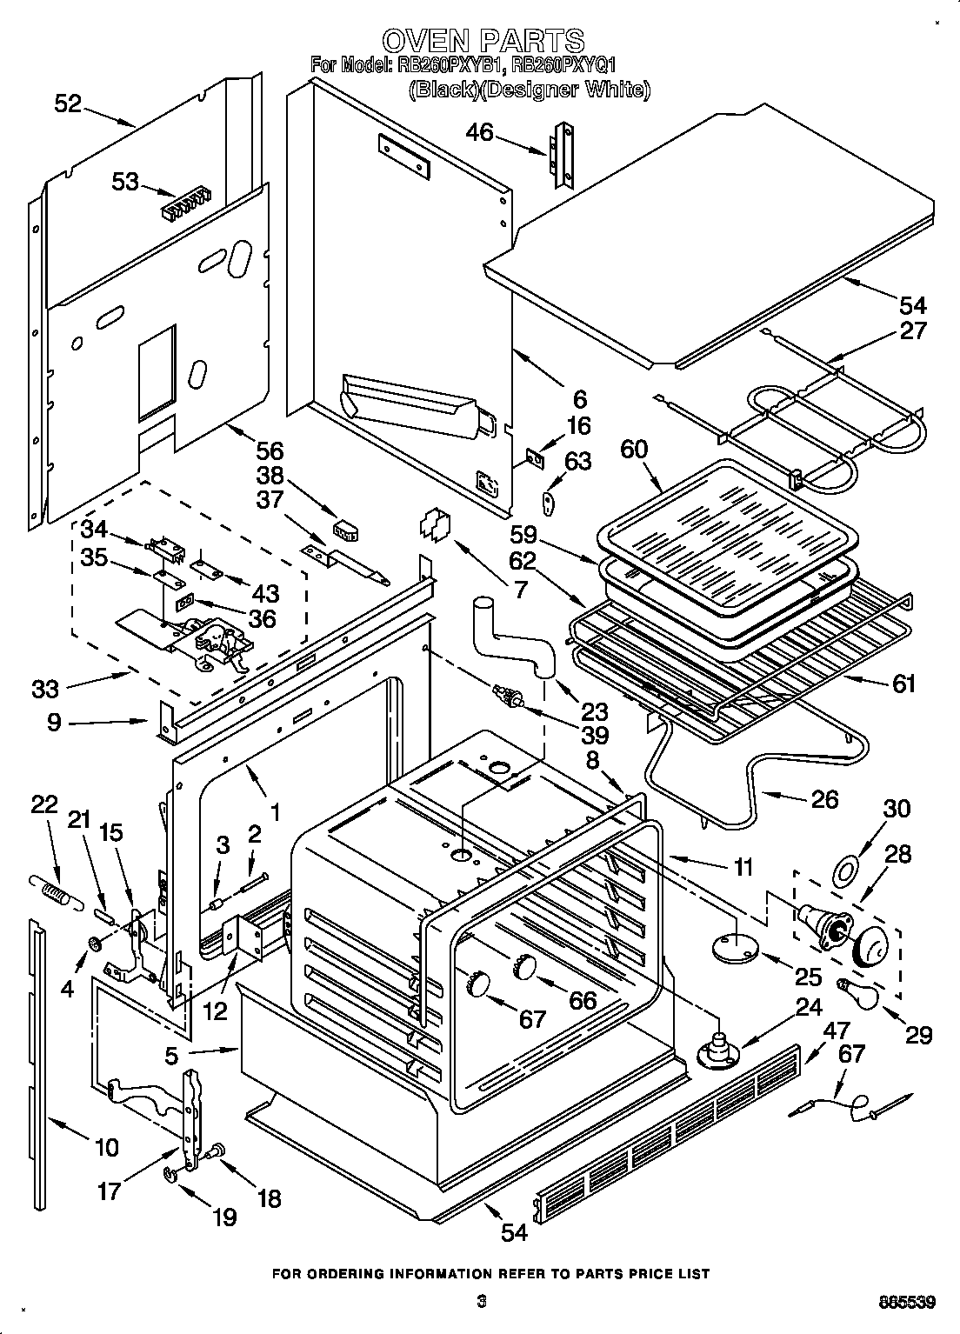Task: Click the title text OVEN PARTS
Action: (483, 40)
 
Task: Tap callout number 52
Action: (67, 104)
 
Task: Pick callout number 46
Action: (479, 132)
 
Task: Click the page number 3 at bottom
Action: (480, 1301)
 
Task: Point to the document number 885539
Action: (906, 1302)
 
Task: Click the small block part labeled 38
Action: (350, 530)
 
